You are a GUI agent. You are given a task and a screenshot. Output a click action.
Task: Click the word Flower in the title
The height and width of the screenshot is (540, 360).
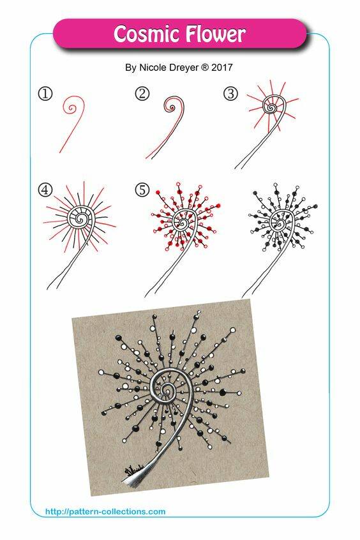[x=215, y=34]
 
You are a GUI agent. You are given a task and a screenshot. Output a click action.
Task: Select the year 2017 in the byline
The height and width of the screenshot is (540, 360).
[x=222, y=68]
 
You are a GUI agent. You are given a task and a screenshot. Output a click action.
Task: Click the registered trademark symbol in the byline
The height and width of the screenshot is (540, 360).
[x=205, y=68]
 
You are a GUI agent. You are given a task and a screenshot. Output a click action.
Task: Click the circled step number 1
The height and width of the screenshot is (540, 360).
[x=45, y=94]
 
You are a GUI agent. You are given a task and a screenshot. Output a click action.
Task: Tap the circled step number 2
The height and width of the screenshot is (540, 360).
[x=142, y=93]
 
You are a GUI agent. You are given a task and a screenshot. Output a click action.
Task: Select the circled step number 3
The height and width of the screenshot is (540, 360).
[x=230, y=94]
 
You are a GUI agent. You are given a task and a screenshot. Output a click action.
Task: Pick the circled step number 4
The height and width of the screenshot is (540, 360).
[x=45, y=189]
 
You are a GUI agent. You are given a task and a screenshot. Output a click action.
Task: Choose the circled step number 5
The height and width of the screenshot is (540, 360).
[x=142, y=189]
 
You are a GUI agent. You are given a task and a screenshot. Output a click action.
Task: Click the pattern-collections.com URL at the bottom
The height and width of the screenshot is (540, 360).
[x=105, y=511]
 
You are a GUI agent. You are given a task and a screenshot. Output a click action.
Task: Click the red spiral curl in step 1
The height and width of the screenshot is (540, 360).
[x=72, y=108]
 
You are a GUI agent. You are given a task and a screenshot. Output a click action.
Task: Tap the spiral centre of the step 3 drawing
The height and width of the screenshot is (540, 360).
[x=271, y=108]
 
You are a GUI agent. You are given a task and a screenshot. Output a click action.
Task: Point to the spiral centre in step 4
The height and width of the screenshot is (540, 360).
[x=80, y=218]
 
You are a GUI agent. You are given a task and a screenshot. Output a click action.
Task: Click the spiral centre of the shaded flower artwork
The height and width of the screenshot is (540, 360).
[x=167, y=387]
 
